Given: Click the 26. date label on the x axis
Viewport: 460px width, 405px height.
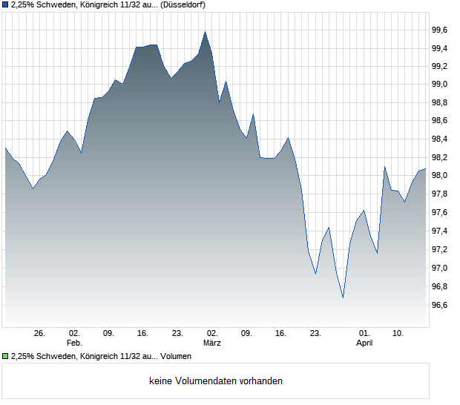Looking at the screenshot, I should (39, 334).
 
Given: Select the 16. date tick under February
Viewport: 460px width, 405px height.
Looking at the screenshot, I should (143, 334).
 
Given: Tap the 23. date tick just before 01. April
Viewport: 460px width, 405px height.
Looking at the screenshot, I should (315, 334).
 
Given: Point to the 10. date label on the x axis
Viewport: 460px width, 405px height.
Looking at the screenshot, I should (398, 334).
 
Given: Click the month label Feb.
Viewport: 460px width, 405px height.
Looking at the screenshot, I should (74, 343).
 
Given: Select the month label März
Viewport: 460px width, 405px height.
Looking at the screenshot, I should (212, 343).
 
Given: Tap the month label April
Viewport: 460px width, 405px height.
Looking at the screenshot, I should (364, 343).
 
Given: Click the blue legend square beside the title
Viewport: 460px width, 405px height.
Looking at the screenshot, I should (6, 5).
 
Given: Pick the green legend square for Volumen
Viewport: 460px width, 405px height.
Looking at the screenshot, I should (6, 356).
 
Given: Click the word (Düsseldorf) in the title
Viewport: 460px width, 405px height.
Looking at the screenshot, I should (183, 5).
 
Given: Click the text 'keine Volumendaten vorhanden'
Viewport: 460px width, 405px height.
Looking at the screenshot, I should (216, 381).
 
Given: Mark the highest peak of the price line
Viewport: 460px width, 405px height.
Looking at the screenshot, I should (206, 32).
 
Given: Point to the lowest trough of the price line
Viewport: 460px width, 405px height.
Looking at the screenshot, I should (343, 297).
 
